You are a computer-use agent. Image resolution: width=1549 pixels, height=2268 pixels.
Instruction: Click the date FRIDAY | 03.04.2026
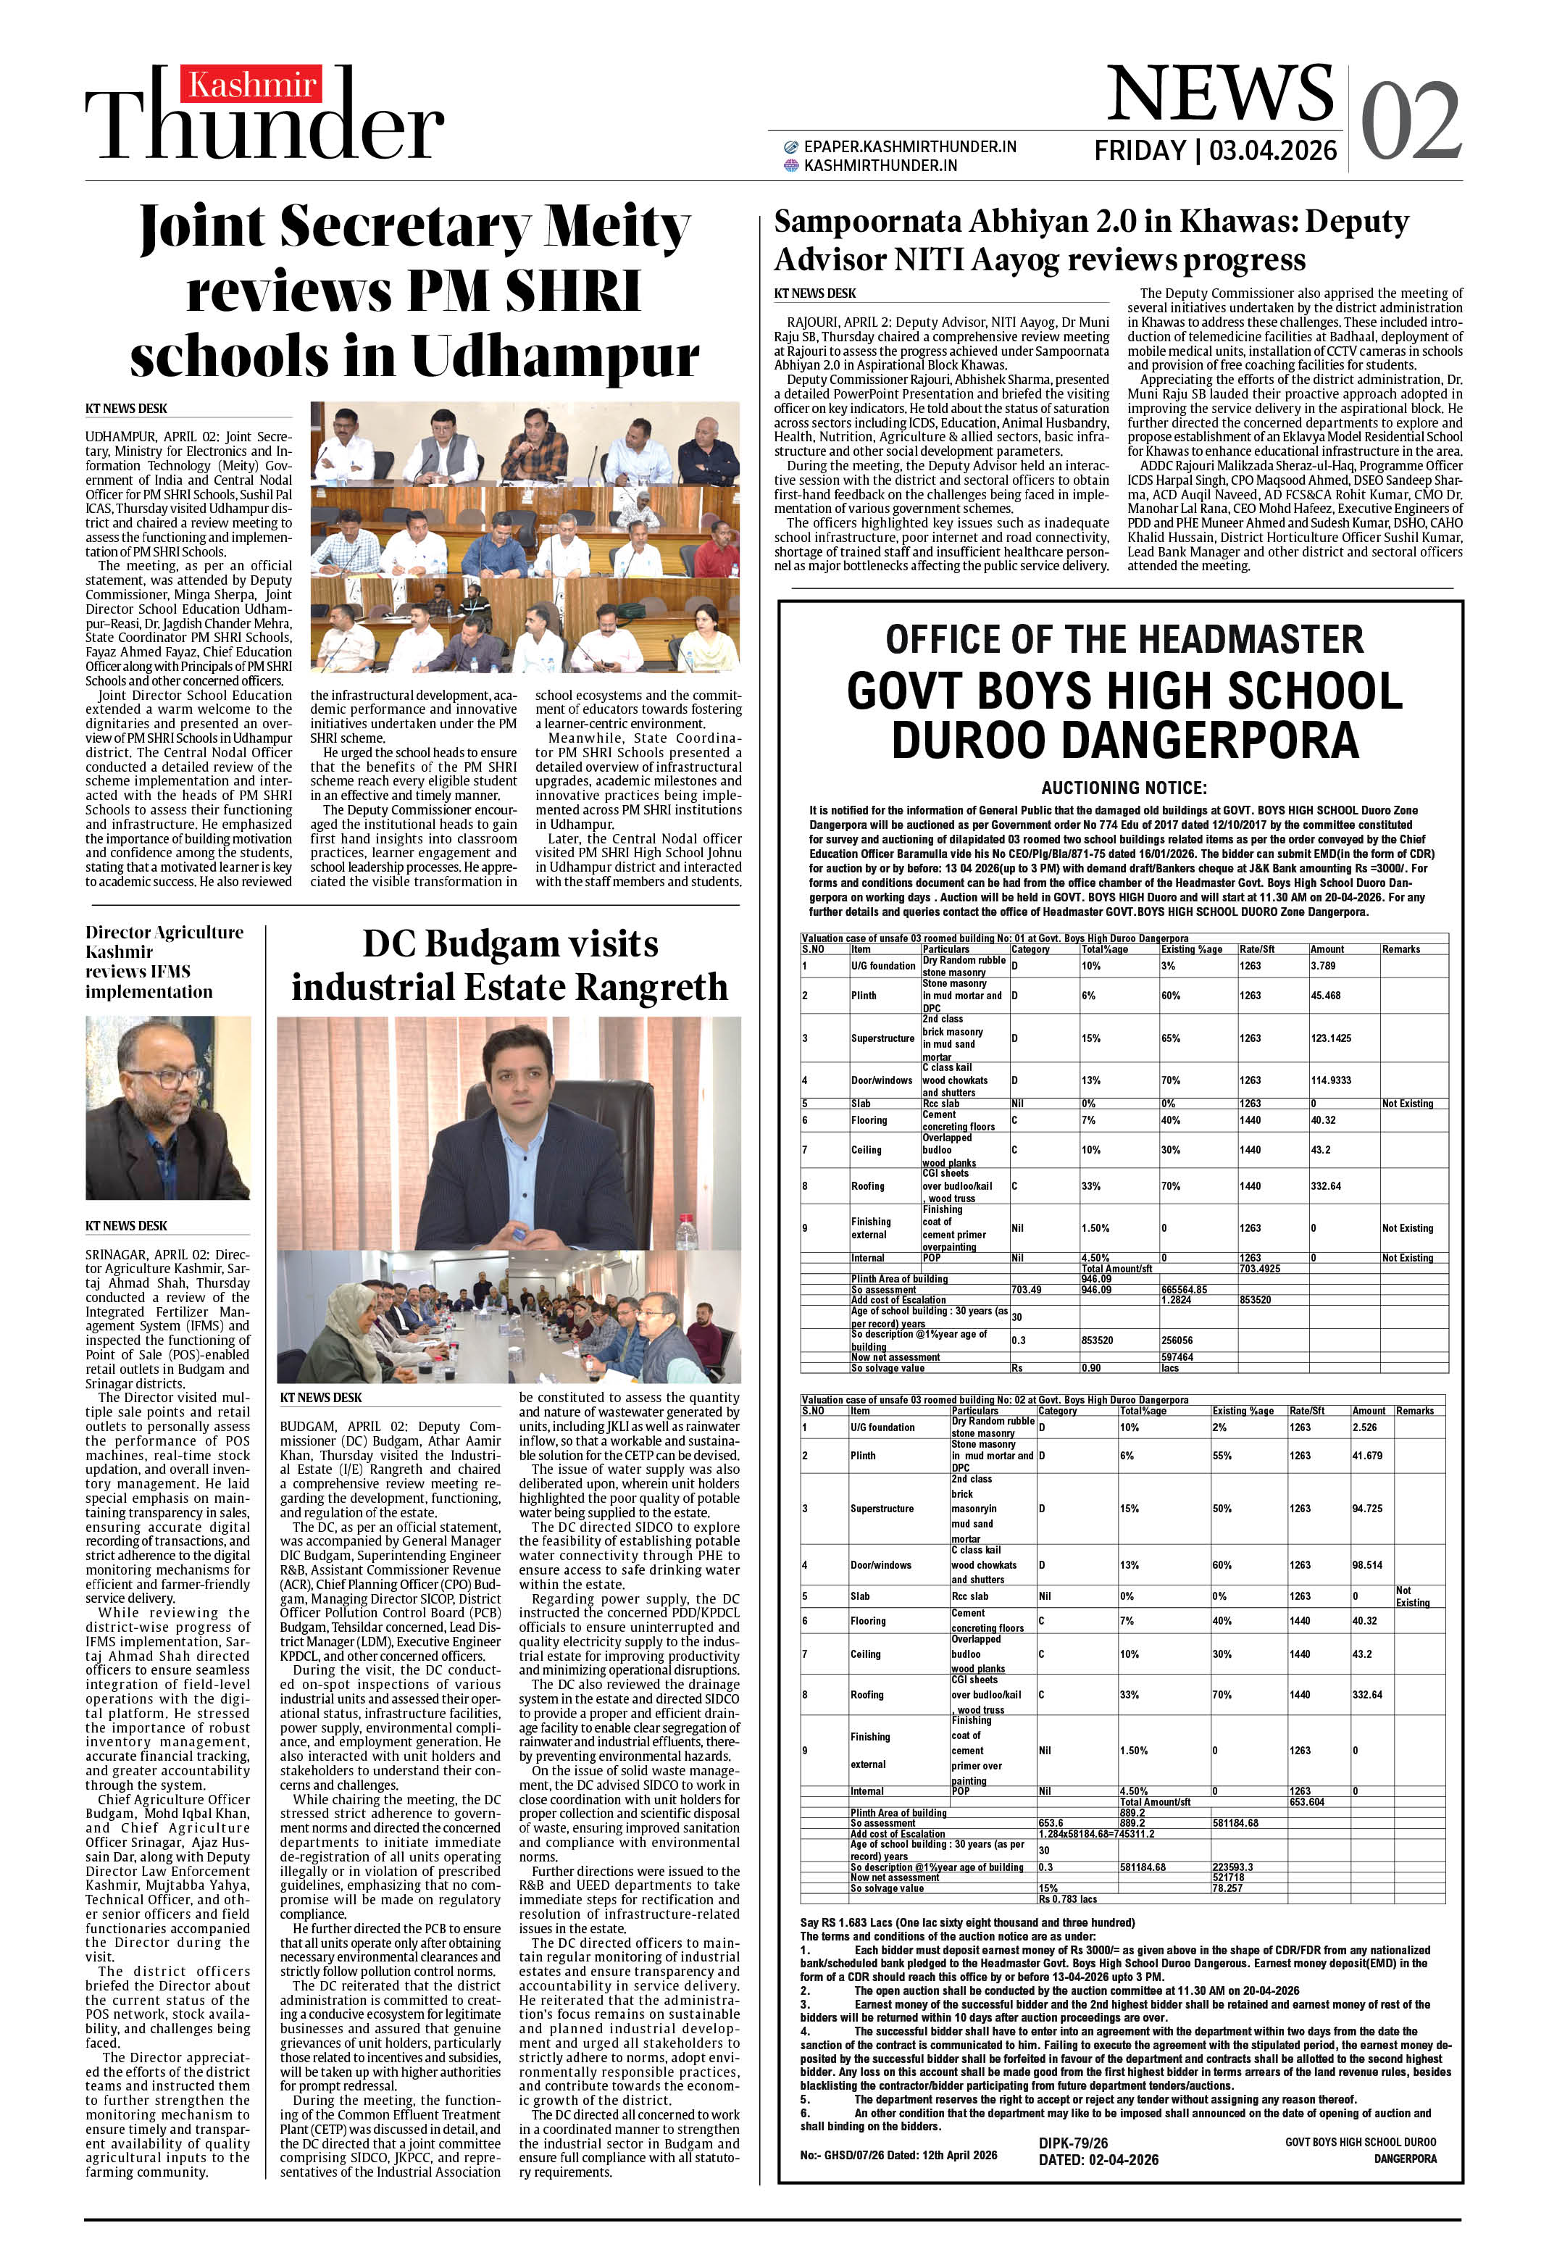coord(1215,151)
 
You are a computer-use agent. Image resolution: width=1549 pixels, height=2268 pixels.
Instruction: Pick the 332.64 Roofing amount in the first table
coord(1325,1185)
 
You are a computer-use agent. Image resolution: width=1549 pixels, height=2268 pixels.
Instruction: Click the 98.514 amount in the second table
coord(1366,1564)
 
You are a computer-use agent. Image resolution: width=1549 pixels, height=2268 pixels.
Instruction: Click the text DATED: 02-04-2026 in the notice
coord(1098,2160)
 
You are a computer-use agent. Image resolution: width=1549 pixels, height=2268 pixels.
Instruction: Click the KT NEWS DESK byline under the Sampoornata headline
coord(814,293)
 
